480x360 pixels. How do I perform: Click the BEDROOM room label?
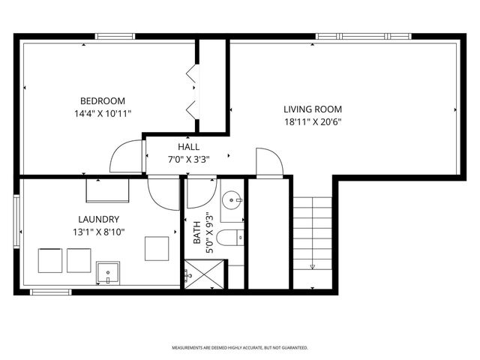pos(103,100)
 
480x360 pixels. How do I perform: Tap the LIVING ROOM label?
pos(313,108)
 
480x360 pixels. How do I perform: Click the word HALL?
pos(188,146)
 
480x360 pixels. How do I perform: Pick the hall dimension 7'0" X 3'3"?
pos(188,159)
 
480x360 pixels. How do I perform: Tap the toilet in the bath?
pos(229,238)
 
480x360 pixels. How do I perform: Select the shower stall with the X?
pos(203,274)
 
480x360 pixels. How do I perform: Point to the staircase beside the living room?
pos(313,232)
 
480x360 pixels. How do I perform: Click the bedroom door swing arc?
pos(124,157)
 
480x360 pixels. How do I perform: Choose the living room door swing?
pos(268,161)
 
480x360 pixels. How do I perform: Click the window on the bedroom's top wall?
pos(115,36)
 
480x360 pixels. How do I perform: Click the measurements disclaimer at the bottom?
pos(240,348)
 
